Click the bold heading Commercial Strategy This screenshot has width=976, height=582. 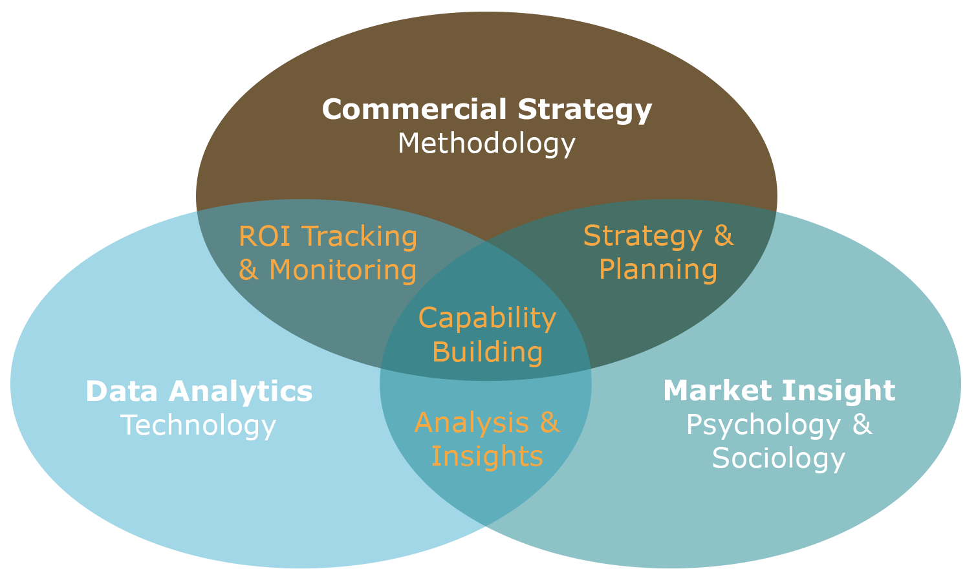pyautogui.click(x=486, y=110)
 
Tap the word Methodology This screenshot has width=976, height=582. pyautogui.click(x=486, y=144)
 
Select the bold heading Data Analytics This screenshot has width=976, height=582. pyautogui.click(x=199, y=391)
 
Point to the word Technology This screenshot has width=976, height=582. pyautogui.click(x=199, y=426)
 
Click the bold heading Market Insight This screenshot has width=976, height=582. pyautogui.click(x=779, y=391)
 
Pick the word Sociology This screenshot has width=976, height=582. pyautogui.click(x=779, y=458)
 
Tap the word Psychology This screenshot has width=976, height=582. pyautogui.click(x=763, y=425)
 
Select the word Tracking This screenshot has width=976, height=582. pyautogui.click(x=360, y=237)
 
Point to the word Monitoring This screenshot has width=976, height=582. pyautogui.click(x=343, y=270)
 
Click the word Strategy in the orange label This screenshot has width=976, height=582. pyautogui.click(x=642, y=236)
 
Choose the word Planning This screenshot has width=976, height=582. pyautogui.click(x=658, y=270)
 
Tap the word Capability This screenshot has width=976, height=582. pyautogui.click(x=487, y=318)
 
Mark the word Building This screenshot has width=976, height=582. pyautogui.click(x=487, y=352)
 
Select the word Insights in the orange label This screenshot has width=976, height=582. pyautogui.click(x=487, y=457)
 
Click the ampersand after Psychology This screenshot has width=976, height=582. pyautogui.click(x=862, y=425)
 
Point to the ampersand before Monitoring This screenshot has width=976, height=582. pyautogui.click(x=248, y=270)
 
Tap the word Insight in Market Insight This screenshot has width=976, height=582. pyautogui.click(x=838, y=391)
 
